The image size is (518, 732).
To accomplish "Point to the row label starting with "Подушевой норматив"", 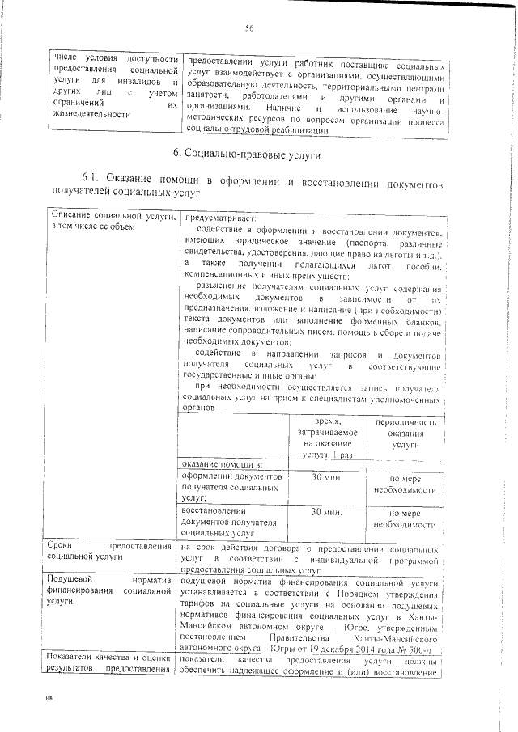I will pos(112,591).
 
